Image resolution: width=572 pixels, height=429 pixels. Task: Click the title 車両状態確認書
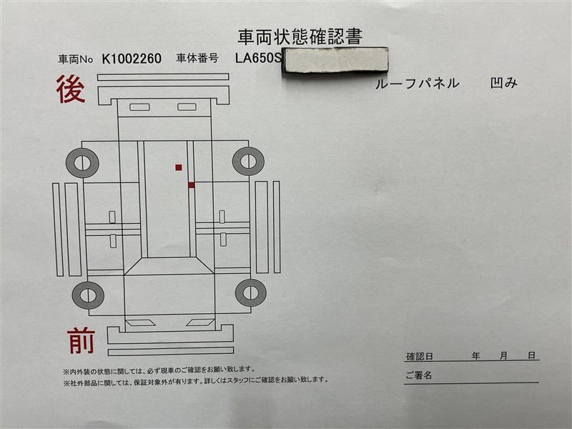click(x=300, y=37)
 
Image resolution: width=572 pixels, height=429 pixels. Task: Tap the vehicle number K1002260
click(x=132, y=59)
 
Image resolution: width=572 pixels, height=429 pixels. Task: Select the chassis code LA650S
click(x=258, y=58)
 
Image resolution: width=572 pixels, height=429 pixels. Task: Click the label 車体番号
click(x=197, y=59)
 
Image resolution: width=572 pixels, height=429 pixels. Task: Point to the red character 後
click(x=71, y=89)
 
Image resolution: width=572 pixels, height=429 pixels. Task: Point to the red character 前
click(x=81, y=341)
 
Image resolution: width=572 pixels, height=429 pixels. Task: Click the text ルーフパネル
click(x=417, y=84)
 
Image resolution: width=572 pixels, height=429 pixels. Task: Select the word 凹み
click(x=504, y=83)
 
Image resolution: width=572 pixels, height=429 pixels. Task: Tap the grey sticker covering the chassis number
click(x=335, y=60)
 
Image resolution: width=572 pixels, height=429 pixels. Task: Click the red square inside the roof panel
click(x=178, y=167)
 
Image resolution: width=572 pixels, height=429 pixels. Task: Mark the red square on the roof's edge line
click(x=191, y=185)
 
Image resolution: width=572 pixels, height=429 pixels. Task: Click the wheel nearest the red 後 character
click(x=82, y=163)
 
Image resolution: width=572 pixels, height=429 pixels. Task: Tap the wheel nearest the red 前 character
click(x=88, y=295)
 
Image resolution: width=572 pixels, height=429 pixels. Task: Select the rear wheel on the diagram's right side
click(x=248, y=161)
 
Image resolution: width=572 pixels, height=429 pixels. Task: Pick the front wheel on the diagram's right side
click(x=251, y=292)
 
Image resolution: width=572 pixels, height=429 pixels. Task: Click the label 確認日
click(x=419, y=356)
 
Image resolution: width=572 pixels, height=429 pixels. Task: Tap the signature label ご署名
click(x=419, y=375)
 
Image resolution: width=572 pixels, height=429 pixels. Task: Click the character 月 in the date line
click(x=503, y=355)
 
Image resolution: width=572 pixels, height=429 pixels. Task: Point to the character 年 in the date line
click(x=475, y=355)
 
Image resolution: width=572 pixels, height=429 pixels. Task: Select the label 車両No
click(x=76, y=59)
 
